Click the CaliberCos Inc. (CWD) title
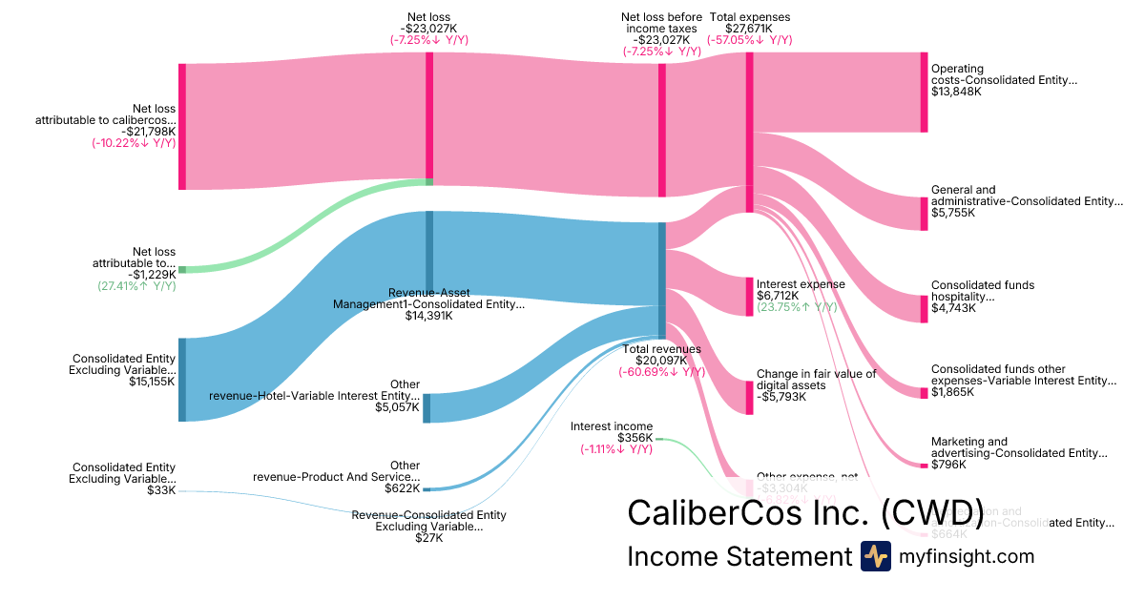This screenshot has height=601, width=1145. pos(805,512)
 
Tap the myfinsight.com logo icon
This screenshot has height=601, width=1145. pos(875,556)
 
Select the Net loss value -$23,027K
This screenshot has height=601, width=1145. pos(428,28)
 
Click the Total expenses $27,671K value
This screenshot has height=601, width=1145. pos(749,28)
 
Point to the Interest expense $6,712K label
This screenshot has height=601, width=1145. pos(801,284)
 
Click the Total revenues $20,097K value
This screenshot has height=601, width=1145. pos(662,361)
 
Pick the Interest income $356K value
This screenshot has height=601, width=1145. pos(635,438)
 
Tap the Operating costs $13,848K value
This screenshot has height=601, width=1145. pos(956,92)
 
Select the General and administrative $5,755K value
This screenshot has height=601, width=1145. pos(953,213)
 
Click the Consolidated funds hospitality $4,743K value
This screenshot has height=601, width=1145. pos(953,308)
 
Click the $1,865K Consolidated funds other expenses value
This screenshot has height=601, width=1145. pos(953,392)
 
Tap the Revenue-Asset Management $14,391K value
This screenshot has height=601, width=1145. pos(428,316)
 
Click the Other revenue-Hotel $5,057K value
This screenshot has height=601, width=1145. pos(396,406)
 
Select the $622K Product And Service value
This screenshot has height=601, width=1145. pos(402,488)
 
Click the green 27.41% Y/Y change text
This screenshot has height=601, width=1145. pos(136,285)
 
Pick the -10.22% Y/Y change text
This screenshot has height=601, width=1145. pos(134,143)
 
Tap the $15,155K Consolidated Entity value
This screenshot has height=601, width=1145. pos(153,382)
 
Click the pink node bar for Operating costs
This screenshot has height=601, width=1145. pos(924,92)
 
